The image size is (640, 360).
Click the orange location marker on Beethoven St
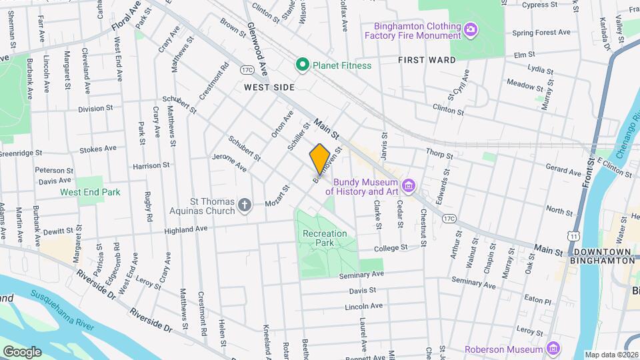tap(319, 159)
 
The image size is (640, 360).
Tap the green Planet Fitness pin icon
tap(302, 65)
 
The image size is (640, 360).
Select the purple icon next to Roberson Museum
tap(553, 349)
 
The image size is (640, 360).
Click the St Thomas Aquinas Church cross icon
tap(245, 205)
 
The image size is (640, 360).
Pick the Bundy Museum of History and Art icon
tap(409, 185)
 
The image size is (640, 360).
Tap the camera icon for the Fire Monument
tap(471, 29)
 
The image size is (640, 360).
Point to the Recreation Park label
tap(325, 239)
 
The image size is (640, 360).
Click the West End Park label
tap(90, 192)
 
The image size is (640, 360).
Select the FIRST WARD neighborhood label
tap(427, 60)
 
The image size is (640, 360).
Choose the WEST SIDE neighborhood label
tap(269, 87)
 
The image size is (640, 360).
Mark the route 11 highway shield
tap(573, 235)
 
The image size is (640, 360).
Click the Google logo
tap(21, 351)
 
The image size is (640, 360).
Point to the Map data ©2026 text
tap(611, 355)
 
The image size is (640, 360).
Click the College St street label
tap(390, 247)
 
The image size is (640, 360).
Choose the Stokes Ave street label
tap(97, 149)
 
